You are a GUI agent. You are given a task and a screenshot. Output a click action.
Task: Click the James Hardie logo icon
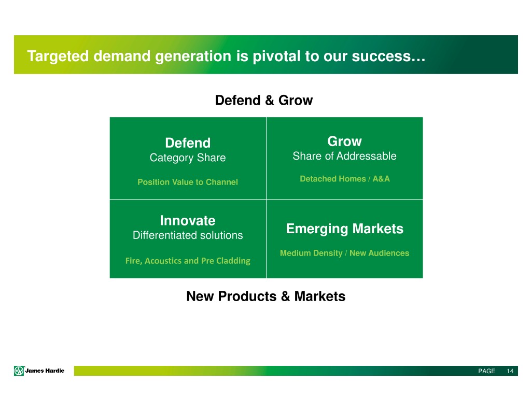[x=19, y=371]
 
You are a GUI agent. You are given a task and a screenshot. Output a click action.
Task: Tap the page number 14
[x=510, y=371]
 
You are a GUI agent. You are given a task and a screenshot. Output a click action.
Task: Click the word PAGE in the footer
[x=486, y=371]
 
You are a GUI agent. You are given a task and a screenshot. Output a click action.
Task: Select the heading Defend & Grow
[x=264, y=100]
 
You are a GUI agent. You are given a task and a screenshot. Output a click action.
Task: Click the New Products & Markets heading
[x=266, y=296]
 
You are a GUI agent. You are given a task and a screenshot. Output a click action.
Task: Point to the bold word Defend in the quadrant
[x=188, y=143]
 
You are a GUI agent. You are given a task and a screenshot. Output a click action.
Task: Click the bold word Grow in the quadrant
[x=344, y=141]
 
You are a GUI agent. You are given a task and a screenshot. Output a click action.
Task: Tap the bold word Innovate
[x=188, y=221]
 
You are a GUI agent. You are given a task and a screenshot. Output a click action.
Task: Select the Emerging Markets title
[x=345, y=229]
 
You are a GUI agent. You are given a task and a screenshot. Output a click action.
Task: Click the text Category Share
[x=188, y=158]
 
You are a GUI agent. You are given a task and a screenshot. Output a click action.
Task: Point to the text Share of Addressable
[x=344, y=156]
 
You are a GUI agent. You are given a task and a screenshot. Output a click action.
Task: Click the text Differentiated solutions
[x=188, y=235]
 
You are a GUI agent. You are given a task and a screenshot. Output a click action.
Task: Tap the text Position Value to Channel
[x=188, y=182]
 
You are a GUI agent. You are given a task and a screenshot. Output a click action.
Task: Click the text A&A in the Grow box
[x=381, y=179]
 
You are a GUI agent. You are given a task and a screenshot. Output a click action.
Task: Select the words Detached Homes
[x=333, y=179]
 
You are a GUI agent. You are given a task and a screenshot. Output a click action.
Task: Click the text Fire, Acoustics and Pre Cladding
[x=188, y=261]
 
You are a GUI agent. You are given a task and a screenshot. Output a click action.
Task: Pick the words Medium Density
[x=311, y=253]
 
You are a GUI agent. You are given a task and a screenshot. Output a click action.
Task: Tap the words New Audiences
[x=379, y=253]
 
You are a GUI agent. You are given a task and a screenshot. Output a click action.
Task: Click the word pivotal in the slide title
[x=276, y=56]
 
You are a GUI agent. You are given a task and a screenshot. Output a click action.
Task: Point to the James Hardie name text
[x=45, y=371]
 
